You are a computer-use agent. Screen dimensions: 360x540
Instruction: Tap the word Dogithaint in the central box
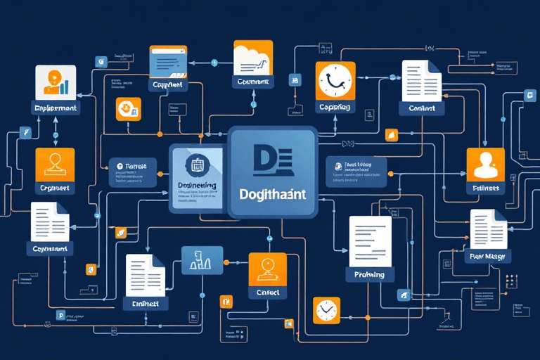[x=272, y=195]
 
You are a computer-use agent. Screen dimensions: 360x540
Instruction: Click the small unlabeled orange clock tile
[x=326, y=309]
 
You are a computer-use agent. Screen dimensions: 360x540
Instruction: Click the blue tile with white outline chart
[x=202, y=260]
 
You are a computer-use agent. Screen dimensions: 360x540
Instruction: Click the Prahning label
[x=369, y=274]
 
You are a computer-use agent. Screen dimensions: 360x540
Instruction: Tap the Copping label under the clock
[x=334, y=108]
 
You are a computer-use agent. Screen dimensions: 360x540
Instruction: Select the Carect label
[x=267, y=292]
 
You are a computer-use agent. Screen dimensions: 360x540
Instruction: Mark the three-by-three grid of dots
[x=511, y=280]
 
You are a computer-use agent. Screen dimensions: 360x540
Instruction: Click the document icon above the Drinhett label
[x=145, y=275]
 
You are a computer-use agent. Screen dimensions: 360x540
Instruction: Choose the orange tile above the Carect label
[x=267, y=269]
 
